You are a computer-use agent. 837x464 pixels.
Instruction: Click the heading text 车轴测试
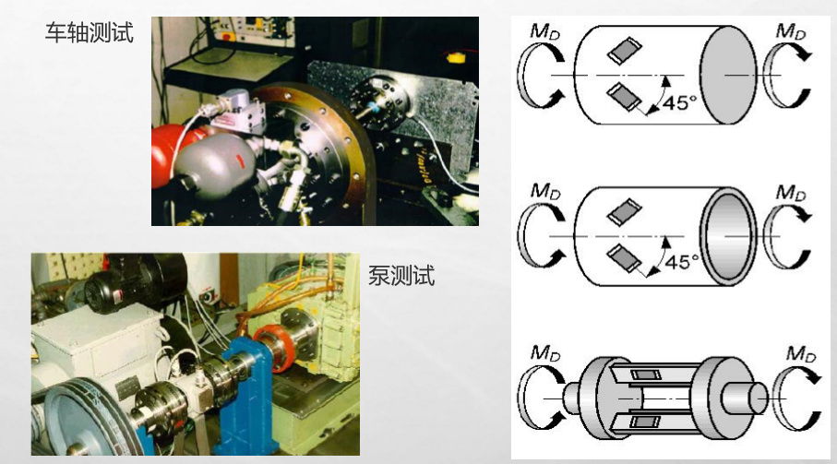tap(90, 32)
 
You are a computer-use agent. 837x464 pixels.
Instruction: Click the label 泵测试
tap(401, 276)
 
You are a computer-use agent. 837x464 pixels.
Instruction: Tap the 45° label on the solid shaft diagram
tap(679, 101)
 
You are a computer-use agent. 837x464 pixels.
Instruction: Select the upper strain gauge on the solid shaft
tap(625, 51)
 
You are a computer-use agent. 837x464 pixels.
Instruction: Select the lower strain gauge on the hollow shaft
tap(625, 258)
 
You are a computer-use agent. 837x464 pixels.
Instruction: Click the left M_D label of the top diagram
tap(544, 31)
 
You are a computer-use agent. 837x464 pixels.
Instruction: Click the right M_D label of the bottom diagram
tap(802, 353)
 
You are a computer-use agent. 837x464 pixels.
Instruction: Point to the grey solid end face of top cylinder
tap(728, 75)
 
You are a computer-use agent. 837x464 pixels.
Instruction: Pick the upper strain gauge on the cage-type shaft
tap(645, 375)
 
